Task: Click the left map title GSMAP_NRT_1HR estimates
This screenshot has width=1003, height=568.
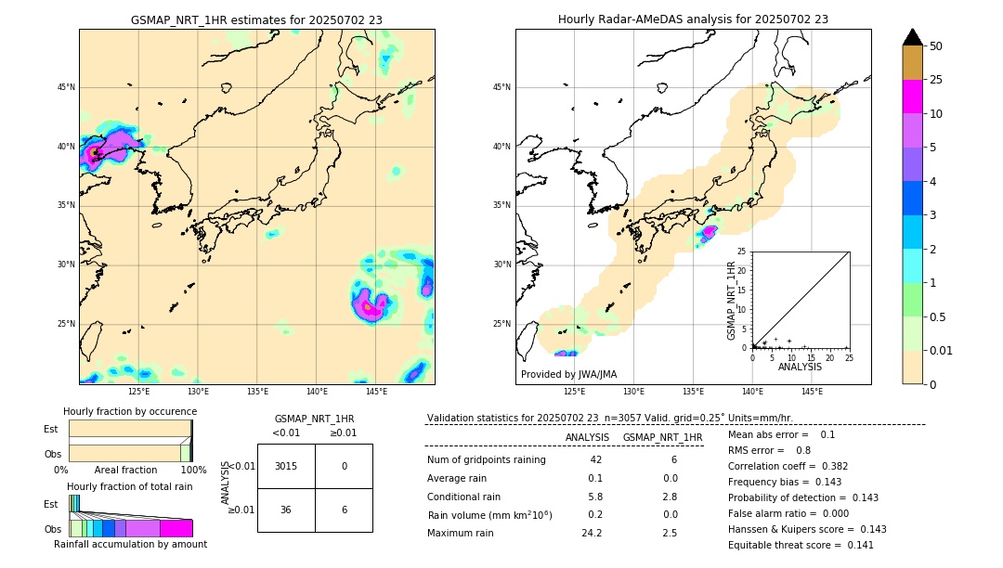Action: pyautogui.click(x=256, y=19)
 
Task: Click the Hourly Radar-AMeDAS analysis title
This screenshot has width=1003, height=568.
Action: pyautogui.click(x=693, y=19)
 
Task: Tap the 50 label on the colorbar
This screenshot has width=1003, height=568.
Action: pyautogui.click(x=936, y=46)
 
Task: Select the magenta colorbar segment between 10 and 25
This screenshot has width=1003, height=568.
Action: pyautogui.click(x=912, y=97)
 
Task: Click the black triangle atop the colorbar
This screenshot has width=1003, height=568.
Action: pyautogui.click(x=912, y=37)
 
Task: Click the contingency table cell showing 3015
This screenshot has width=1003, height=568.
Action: pyautogui.click(x=286, y=466)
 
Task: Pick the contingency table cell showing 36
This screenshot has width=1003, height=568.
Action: pyautogui.click(x=286, y=510)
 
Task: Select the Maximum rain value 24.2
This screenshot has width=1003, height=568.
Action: pyautogui.click(x=592, y=533)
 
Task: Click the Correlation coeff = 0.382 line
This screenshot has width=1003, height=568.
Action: pyautogui.click(x=787, y=466)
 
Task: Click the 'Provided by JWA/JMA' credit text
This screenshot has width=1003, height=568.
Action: pyautogui.click(x=568, y=374)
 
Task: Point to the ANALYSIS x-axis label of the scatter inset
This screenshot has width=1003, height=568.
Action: pyautogui.click(x=800, y=367)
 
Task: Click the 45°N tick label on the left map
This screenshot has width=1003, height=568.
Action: pyautogui.click(x=66, y=87)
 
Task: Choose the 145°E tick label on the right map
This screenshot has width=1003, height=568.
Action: pyautogui.click(x=812, y=392)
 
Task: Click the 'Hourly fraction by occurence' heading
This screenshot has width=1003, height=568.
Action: pyautogui.click(x=130, y=411)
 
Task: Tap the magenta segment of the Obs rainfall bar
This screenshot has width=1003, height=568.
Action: pyautogui.click(x=176, y=528)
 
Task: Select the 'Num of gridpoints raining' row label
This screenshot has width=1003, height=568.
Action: pyautogui.click(x=486, y=459)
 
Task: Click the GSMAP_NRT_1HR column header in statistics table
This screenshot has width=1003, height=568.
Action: pyautogui.click(x=662, y=437)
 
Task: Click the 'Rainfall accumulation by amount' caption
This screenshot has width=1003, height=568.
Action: pyautogui.click(x=130, y=544)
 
